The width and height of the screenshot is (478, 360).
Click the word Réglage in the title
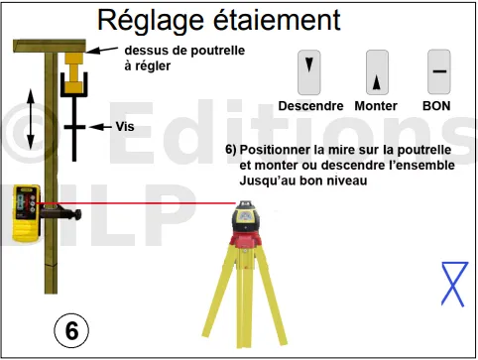[151, 22]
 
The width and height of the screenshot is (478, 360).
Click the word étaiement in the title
[277, 20]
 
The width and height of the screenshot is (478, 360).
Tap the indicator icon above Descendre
[309, 72]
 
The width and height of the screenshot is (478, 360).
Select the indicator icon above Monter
[377, 72]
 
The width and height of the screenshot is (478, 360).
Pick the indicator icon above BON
[439, 72]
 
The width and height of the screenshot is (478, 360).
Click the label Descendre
[310, 106]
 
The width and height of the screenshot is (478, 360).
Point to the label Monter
[376, 106]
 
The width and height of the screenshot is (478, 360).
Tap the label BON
[436, 106]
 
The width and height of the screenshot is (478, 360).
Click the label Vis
[125, 127]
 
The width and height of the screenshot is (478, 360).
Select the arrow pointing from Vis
[101, 127]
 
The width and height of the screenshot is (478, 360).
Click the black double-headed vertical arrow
[31, 119]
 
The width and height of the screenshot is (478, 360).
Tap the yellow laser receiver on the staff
[27, 212]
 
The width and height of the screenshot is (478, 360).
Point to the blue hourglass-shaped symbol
[454, 284]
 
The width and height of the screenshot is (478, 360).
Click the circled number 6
[71, 330]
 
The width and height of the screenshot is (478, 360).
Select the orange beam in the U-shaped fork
[74, 72]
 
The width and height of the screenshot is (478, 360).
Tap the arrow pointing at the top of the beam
[102, 50]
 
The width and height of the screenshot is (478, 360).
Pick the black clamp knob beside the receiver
[77, 214]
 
